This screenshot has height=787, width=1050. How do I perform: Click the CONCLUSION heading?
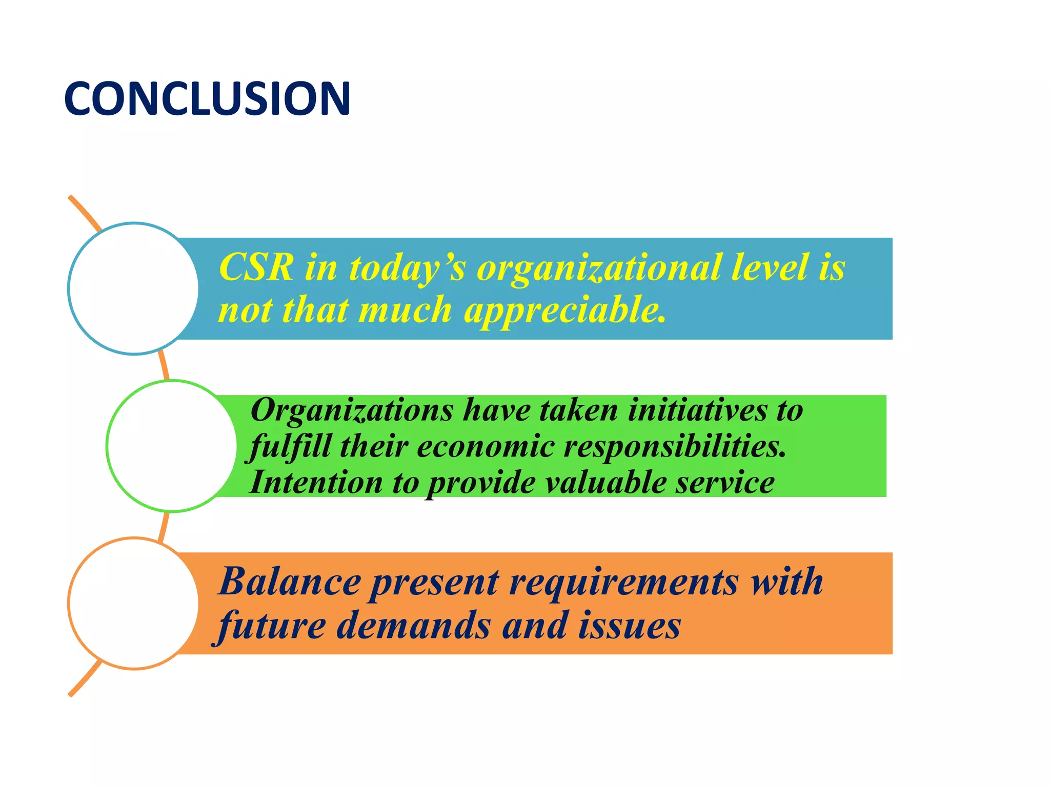[x=207, y=98]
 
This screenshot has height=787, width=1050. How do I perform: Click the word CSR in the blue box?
[x=256, y=267]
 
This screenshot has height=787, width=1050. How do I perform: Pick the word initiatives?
[x=697, y=410]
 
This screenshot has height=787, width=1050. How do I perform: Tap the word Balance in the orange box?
[x=290, y=582]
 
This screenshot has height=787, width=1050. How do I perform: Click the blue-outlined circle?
[x=133, y=288]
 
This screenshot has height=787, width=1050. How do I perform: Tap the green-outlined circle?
[x=172, y=446]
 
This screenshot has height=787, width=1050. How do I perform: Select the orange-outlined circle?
[x=133, y=604]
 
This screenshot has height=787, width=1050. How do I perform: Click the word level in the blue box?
[x=770, y=267]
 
